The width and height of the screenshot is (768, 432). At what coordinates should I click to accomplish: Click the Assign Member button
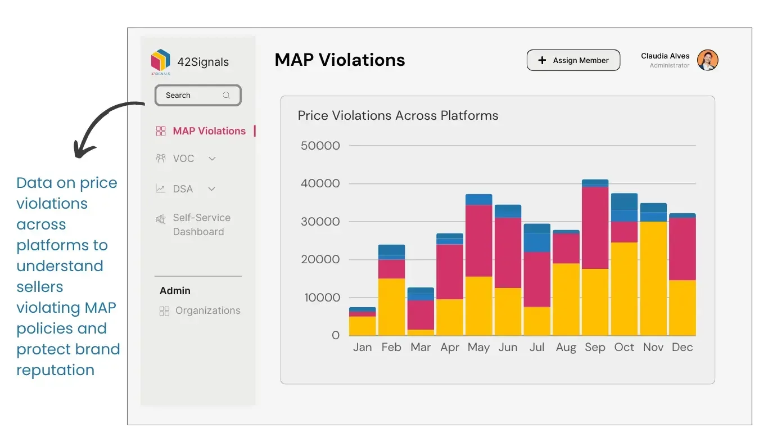(x=573, y=60)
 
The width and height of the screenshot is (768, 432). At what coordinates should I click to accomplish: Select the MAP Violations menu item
(x=209, y=131)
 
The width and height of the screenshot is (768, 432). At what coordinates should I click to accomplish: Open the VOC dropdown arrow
(x=212, y=159)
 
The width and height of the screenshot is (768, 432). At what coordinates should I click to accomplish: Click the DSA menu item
(x=183, y=189)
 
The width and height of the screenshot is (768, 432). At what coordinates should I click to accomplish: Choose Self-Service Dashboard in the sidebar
(x=201, y=224)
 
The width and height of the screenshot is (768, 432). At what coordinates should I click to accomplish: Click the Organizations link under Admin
(x=207, y=310)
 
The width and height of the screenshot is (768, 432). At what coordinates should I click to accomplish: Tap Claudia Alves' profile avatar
(x=707, y=60)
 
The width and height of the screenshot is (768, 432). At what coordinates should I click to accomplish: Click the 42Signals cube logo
(x=160, y=61)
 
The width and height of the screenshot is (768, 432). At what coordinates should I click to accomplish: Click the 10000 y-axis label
(x=322, y=298)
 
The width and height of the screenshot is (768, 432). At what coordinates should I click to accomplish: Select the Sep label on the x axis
(x=595, y=348)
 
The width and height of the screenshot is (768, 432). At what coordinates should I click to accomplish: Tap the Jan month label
(x=362, y=348)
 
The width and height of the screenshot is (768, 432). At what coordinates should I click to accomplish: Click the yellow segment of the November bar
(x=653, y=278)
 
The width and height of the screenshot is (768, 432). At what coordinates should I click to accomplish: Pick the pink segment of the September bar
(x=595, y=228)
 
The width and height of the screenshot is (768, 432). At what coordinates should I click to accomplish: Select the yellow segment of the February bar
(x=391, y=307)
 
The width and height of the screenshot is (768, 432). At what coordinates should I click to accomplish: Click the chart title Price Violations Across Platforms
(x=397, y=116)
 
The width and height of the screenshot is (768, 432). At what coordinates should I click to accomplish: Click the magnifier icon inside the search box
(x=227, y=95)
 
